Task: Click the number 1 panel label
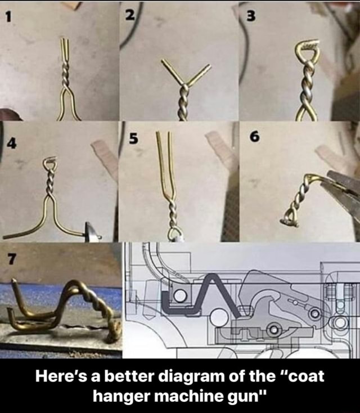8,16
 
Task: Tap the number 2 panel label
129,15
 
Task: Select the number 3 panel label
250,16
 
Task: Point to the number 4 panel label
12,143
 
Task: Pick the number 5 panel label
133,138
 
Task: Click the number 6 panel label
255,137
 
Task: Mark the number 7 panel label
12,259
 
